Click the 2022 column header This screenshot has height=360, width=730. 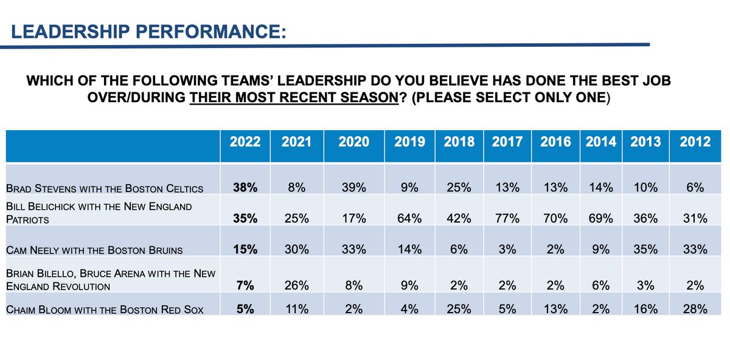click(x=245, y=142)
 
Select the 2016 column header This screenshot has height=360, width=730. click(x=555, y=142)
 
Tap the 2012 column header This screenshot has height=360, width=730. click(x=695, y=142)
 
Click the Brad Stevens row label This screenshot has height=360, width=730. click(x=105, y=189)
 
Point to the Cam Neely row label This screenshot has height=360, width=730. click(x=94, y=250)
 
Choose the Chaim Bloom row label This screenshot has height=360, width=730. click(x=105, y=310)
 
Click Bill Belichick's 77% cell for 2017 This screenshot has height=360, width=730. click(x=507, y=218)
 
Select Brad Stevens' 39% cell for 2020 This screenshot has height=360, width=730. click(x=353, y=188)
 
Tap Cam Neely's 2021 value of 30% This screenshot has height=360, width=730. click(x=297, y=249)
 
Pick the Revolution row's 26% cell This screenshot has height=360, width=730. click(x=297, y=286)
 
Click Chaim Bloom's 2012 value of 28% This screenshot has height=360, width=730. click(x=695, y=309)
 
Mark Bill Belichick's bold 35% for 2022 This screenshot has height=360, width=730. click(x=245, y=218)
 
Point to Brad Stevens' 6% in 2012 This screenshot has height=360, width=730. click(x=695, y=188)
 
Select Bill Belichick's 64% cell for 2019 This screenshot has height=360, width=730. click(x=409, y=218)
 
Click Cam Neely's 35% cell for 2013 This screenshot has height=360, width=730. click(x=645, y=249)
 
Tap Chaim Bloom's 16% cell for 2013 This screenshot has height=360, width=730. click(x=645, y=309)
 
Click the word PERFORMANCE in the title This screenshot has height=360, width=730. click(x=211, y=32)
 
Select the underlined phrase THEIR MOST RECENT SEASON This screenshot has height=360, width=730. click(x=294, y=97)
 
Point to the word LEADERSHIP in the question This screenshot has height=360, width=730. click(x=321, y=80)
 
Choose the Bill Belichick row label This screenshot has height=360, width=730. click(x=99, y=213)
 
